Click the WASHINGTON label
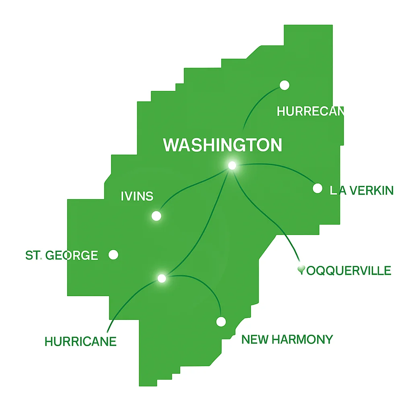point(222,145)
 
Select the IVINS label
point(137,196)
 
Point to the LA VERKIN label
point(361,190)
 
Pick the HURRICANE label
point(80,342)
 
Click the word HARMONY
point(302,340)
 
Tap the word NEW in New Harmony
point(255,340)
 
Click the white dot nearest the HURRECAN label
point(284,85)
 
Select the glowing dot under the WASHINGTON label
point(232,165)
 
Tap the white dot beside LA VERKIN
point(317,188)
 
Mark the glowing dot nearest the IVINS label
point(157,216)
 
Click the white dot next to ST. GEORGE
point(114,255)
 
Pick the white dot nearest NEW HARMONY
point(221,321)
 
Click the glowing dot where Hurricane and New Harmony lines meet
point(162,278)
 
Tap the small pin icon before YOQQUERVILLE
point(300,269)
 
